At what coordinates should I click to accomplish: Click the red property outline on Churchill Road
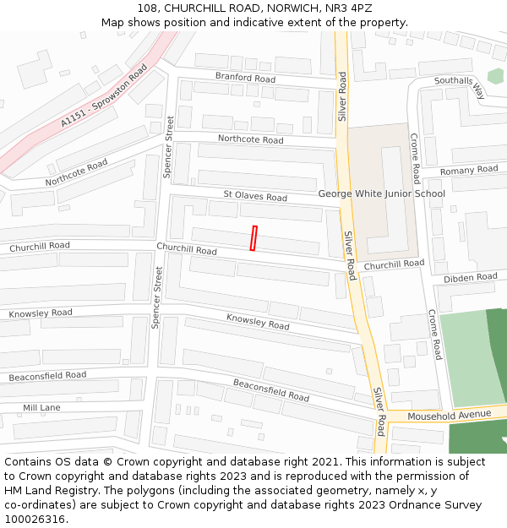point(253,237)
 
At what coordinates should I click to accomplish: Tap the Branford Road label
point(245,79)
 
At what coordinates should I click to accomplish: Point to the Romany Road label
point(469,171)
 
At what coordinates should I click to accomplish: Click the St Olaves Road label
point(255,197)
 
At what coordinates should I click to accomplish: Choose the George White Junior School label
point(381,193)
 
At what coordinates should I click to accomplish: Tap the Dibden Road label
point(471,277)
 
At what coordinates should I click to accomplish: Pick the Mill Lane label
point(41,408)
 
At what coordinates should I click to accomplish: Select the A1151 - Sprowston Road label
point(103,96)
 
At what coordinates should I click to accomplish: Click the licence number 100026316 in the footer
point(35,519)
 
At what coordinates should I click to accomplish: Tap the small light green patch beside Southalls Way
point(495,76)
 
